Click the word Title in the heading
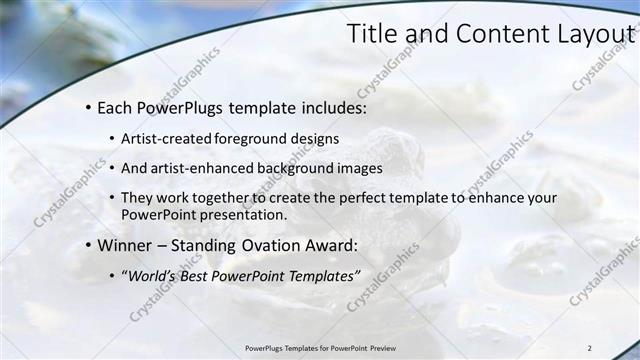(371, 34)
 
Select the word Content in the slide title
(487, 34)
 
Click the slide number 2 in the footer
(589, 348)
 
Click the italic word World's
(152, 276)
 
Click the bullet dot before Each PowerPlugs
(89, 106)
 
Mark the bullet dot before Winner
(89, 245)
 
